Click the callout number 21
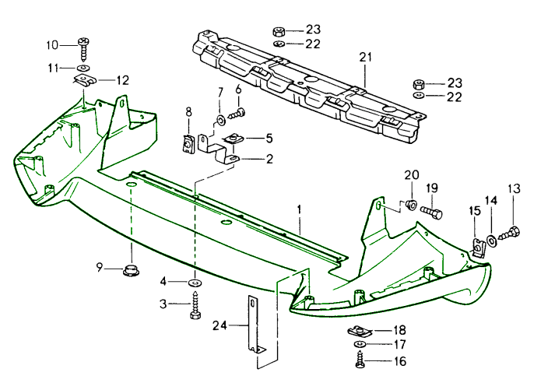pyautogui.click(x=366, y=57)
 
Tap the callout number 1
pyautogui.click(x=297, y=209)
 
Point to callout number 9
pyautogui.click(x=100, y=268)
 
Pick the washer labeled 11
pyautogui.click(x=83, y=68)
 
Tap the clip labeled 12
pyautogui.click(x=83, y=80)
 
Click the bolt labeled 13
pyautogui.click(x=511, y=232)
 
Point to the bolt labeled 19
pyautogui.click(x=432, y=210)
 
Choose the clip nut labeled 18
pyautogui.click(x=359, y=332)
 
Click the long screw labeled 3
pyautogui.click(x=195, y=306)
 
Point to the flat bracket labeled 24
pyautogui.click(x=255, y=327)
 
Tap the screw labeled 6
pyautogui.click(x=236, y=114)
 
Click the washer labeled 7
pyautogui.click(x=220, y=119)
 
